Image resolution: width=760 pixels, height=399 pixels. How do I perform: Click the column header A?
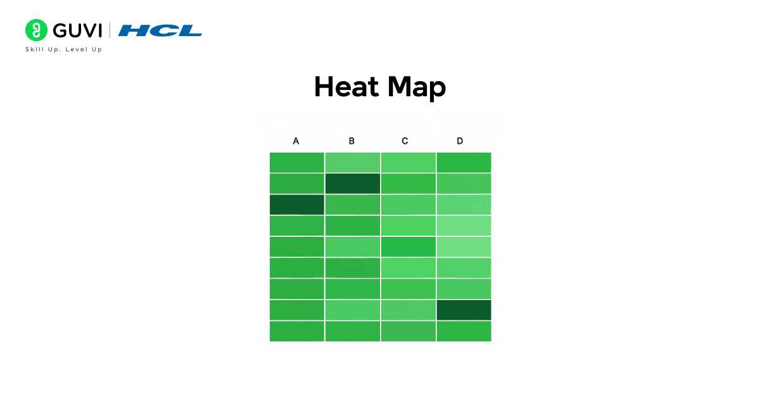coord(296,141)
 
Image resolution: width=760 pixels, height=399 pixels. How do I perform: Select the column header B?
coord(351,141)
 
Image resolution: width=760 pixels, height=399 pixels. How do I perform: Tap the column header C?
coord(405,141)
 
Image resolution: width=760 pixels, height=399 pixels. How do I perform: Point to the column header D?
coord(460,141)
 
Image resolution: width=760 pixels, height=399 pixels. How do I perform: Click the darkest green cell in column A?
coord(297,205)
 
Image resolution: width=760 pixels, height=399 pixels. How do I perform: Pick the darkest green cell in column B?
coord(352,184)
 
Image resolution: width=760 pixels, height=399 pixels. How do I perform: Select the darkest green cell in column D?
coord(464,310)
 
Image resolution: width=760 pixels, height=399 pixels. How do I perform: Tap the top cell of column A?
coord(297,162)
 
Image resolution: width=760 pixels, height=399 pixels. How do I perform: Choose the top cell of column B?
coord(352,162)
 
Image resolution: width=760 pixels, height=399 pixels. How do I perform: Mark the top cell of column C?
coord(408,162)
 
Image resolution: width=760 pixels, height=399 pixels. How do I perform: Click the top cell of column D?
coord(464,162)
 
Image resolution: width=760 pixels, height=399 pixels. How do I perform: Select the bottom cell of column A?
coord(297,331)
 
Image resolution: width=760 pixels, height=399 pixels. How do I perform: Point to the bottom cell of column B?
coord(352,331)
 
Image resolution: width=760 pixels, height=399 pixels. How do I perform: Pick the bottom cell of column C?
coord(408,331)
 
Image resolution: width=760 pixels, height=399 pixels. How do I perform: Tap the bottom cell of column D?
coord(464,331)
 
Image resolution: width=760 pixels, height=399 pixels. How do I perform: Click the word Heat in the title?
coord(346,87)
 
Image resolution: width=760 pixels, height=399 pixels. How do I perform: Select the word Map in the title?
coord(417,88)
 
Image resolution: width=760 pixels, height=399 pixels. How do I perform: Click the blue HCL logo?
coord(160,30)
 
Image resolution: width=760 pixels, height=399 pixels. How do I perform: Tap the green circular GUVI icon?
coord(36,30)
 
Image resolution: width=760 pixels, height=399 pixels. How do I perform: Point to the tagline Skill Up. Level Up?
coord(63,49)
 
